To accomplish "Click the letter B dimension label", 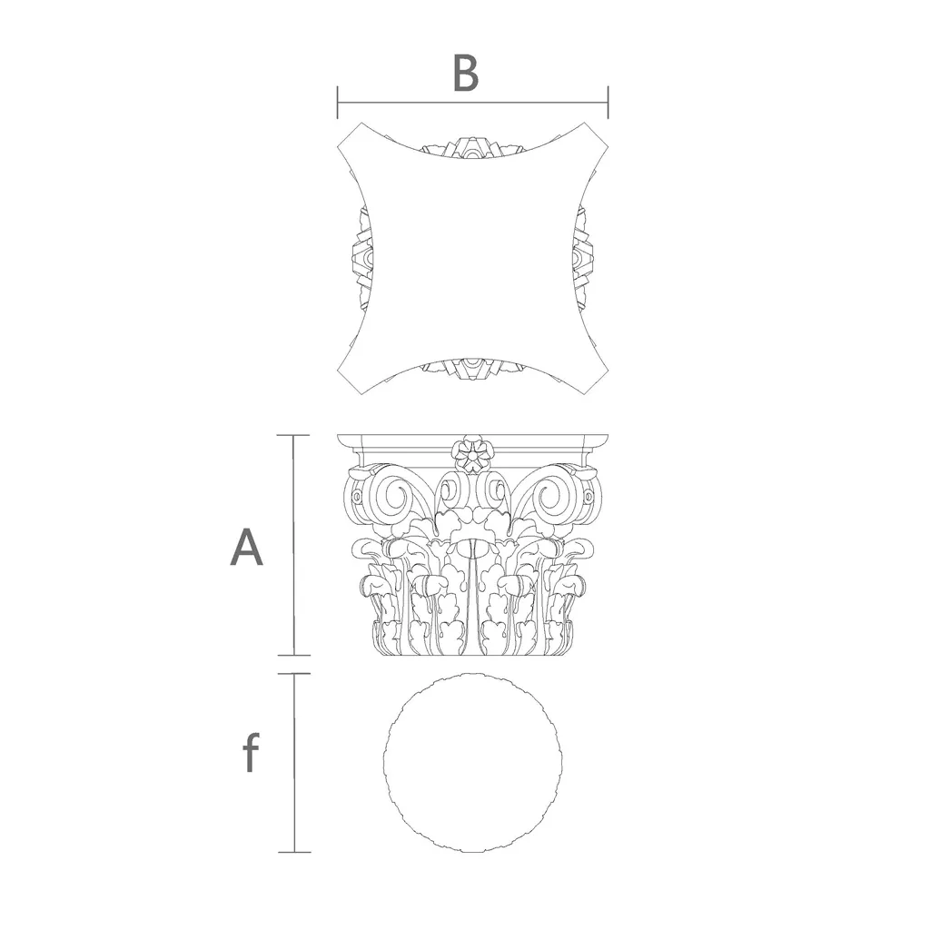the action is (x=466, y=74).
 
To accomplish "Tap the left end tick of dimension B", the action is (x=338, y=102).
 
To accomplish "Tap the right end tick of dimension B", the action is (x=608, y=102).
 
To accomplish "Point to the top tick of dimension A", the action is (x=294, y=435).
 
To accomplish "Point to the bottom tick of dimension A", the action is (x=294, y=656).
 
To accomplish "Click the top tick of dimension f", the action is (x=294, y=674).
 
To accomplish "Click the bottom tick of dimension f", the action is (x=294, y=852).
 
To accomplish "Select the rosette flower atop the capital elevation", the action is (x=472, y=456).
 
